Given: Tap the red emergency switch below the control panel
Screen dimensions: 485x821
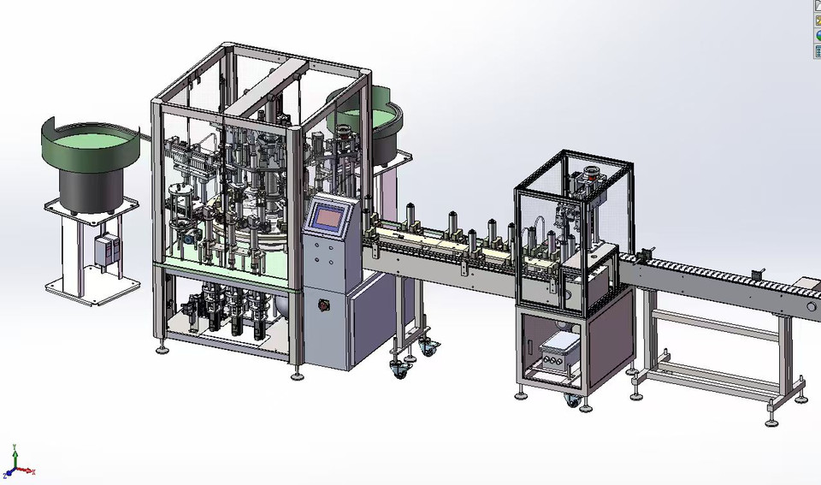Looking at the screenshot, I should tap(324, 305).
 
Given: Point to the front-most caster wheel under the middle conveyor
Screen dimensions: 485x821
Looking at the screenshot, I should tap(399, 369).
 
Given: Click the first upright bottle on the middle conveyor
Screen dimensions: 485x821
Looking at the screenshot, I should tap(411, 216).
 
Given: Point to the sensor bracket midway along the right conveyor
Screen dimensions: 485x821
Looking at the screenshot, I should tap(755, 275).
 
